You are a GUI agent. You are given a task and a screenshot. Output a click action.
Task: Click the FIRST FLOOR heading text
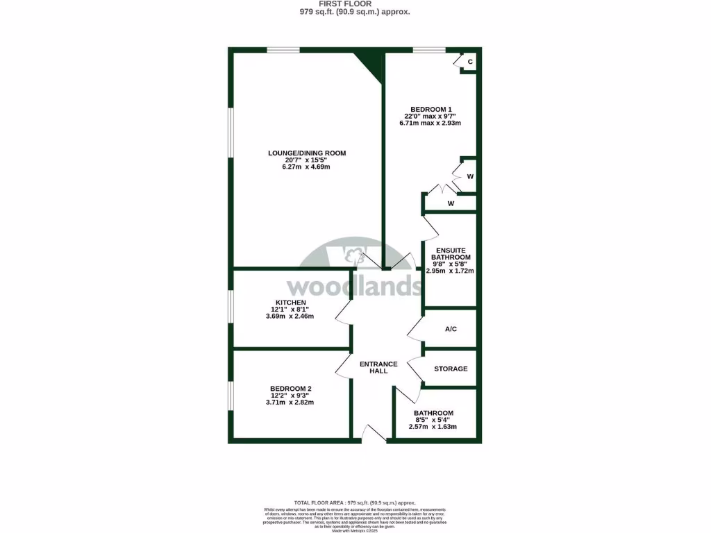pos(355,3)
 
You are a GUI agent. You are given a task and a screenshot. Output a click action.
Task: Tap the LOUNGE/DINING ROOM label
pos(307,153)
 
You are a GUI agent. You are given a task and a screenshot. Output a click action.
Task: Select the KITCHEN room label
pos(290,303)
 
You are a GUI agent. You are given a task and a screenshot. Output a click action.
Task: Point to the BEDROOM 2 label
pos(290,388)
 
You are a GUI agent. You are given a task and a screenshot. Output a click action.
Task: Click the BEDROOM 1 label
pos(430,109)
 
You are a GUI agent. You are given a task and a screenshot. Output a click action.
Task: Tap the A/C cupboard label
pos(451,329)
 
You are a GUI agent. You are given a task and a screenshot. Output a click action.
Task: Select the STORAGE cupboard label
pos(451,369)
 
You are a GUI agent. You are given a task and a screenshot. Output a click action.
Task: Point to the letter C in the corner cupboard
pos(470,62)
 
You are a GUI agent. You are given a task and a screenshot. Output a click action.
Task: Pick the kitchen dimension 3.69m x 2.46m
pos(290,316)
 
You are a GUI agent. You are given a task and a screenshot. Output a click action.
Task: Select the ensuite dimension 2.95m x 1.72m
pos(450,271)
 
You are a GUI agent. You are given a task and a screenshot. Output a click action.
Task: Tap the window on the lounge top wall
pos(283,49)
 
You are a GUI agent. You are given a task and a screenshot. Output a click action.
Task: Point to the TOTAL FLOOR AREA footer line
pos(355,502)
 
